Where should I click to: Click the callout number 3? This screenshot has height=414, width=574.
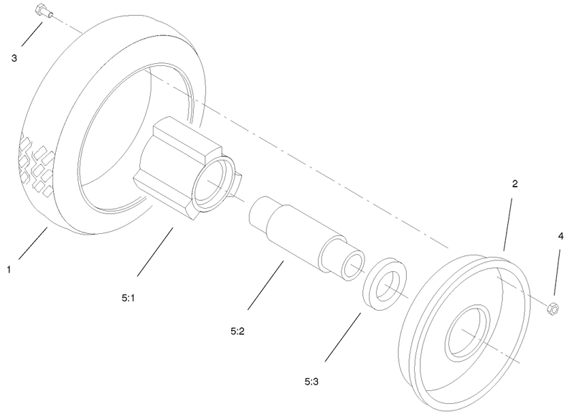tap(14, 58)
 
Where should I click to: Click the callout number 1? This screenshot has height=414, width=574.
tap(9, 270)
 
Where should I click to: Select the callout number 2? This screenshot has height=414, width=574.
tap(514, 184)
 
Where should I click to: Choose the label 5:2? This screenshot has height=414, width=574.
tap(239, 331)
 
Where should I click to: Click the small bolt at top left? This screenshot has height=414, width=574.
tap(41, 12)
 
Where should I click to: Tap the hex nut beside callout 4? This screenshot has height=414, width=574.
tap(553, 309)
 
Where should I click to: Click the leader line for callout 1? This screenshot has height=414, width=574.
tap(32, 243)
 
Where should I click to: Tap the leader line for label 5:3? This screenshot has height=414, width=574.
tap(342, 336)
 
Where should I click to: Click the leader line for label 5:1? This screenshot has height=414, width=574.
tap(155, 252)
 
